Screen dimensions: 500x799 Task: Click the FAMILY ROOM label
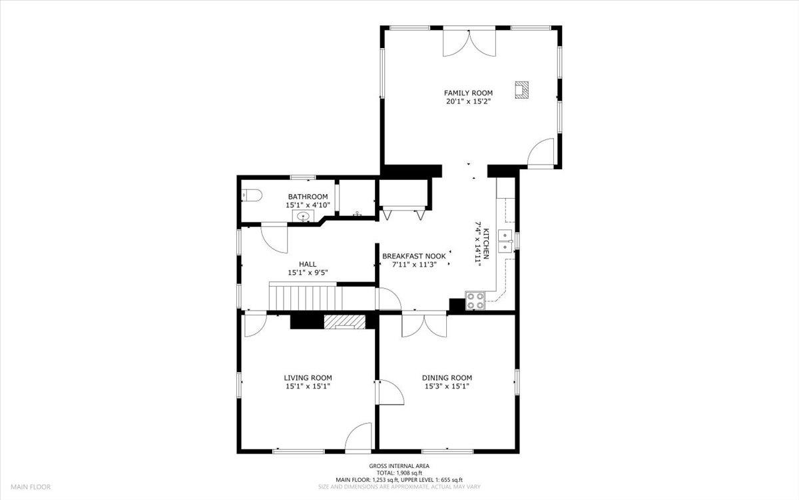pyautogui.click(x=469, y=93)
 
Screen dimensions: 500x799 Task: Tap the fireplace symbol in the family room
pyautogui.click(x=522, y=90)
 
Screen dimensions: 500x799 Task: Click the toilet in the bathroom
pyautogui.click(x=252, y=195)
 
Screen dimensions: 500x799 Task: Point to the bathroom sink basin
pyautogui.click(x=304, y=216)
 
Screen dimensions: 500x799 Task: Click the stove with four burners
pyautogui.click(x=474, y=301)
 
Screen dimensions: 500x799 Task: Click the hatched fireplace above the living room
pyautogui.click(x=345, y=321)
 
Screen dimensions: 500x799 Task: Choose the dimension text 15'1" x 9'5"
pyautogui.click(x=308, y=273)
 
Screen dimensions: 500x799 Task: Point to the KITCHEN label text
pyautogui.click(x=486, y=243)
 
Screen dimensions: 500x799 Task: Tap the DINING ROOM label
pyautogui.click(x=447, y=377)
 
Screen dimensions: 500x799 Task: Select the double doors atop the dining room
pyautogui.click(x=424, y=324)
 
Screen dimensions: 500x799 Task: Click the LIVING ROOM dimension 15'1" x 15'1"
pyautogui.click(x=308, y=386)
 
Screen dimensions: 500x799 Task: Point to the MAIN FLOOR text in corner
pyautogui.click(x=31, y=487)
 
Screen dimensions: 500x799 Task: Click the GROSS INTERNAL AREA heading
pyautogui.click(x=400, y=466)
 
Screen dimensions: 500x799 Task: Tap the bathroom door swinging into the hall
pyautogui.click(x=274, y=236)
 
